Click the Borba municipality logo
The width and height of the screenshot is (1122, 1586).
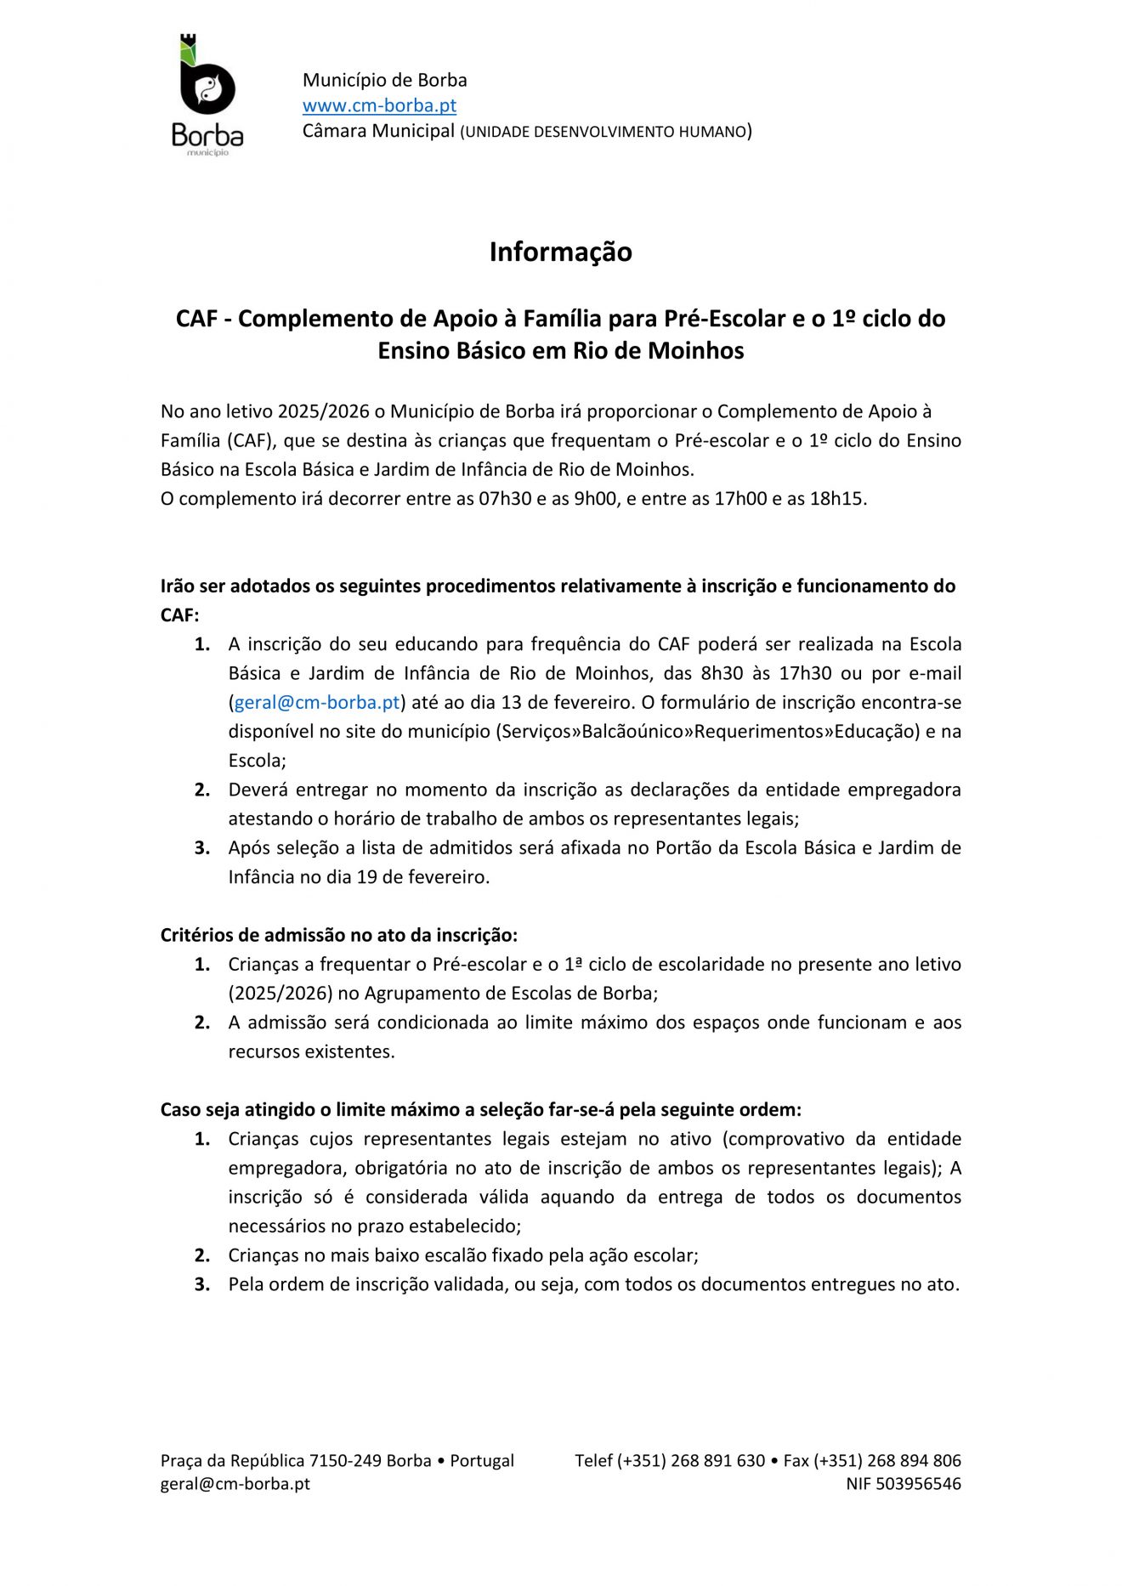(x=207, y=94)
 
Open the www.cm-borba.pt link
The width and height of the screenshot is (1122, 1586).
(x=379, y=105)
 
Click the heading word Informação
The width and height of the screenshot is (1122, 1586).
(x=560, y=252)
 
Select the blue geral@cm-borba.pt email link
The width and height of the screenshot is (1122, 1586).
(x=317, y=703)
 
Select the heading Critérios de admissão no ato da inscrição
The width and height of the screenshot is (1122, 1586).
(x=338, y=936)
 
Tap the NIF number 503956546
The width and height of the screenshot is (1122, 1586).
(x=919, y=1484)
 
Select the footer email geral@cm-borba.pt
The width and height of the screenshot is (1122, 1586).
(x=235, y=1484)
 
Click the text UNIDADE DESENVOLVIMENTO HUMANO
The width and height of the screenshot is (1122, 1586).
(x=604, y=132)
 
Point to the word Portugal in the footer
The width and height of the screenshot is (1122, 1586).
(x=482, y=1461)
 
